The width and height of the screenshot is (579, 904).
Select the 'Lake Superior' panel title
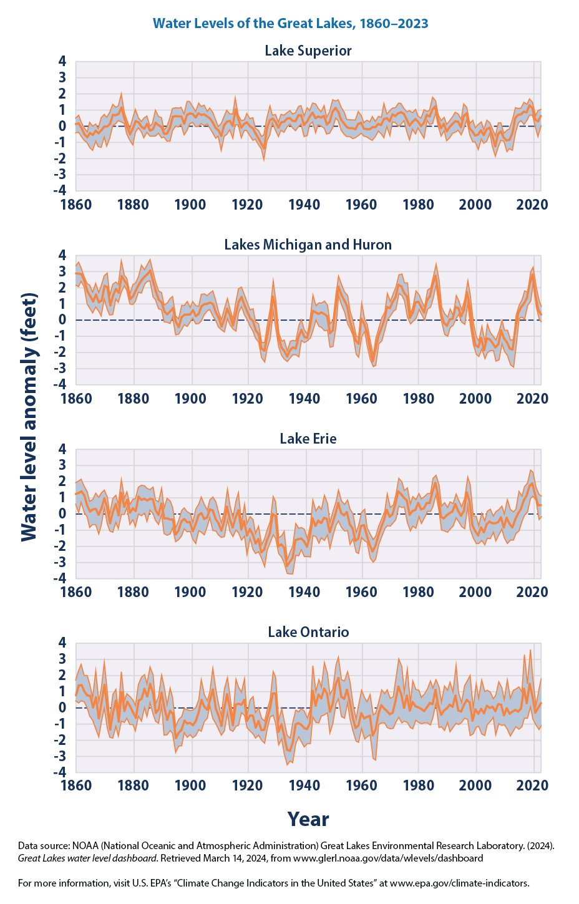click(308, 51)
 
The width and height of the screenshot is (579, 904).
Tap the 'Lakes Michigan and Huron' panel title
click(308, 245)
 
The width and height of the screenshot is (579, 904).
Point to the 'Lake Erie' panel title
click(308, 439)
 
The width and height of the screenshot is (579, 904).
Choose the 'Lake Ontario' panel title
click(308, 632)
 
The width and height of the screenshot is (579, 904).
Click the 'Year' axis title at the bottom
click(308, 819)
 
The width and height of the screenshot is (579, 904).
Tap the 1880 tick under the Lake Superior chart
click(133, 205)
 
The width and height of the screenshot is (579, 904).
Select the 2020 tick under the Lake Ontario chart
click(533, 785)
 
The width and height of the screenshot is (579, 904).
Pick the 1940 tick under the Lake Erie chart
click(304, 591)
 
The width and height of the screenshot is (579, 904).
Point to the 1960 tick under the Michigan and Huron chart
click(362, 398)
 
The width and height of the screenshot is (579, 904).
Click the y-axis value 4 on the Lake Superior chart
click(62, 61)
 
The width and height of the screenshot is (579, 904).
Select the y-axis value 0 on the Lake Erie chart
click(62, 513)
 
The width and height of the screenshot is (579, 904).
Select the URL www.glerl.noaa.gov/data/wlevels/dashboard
click(388, 858)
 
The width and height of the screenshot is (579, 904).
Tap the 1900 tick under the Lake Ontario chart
click(190, 785)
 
